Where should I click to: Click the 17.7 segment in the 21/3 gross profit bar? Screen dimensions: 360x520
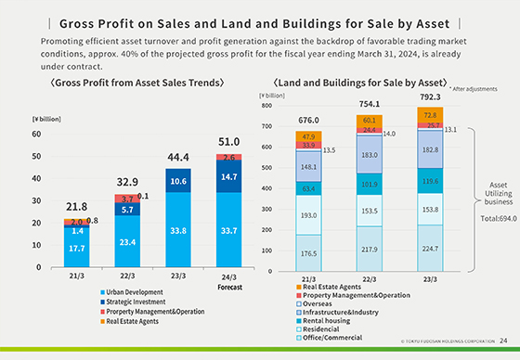(77, 248)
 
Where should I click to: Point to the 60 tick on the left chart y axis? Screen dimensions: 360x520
(37, 134)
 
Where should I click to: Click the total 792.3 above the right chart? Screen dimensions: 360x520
(430, 96)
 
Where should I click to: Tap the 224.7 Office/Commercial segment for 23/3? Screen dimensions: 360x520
(430, 248)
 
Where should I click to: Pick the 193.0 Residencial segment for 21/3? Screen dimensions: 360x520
(308, 214)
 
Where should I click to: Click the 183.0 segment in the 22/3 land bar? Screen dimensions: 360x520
(370, 155)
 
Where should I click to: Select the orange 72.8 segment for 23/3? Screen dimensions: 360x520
(430, 114)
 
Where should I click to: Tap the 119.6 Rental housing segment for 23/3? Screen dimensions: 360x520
(430, 181)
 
